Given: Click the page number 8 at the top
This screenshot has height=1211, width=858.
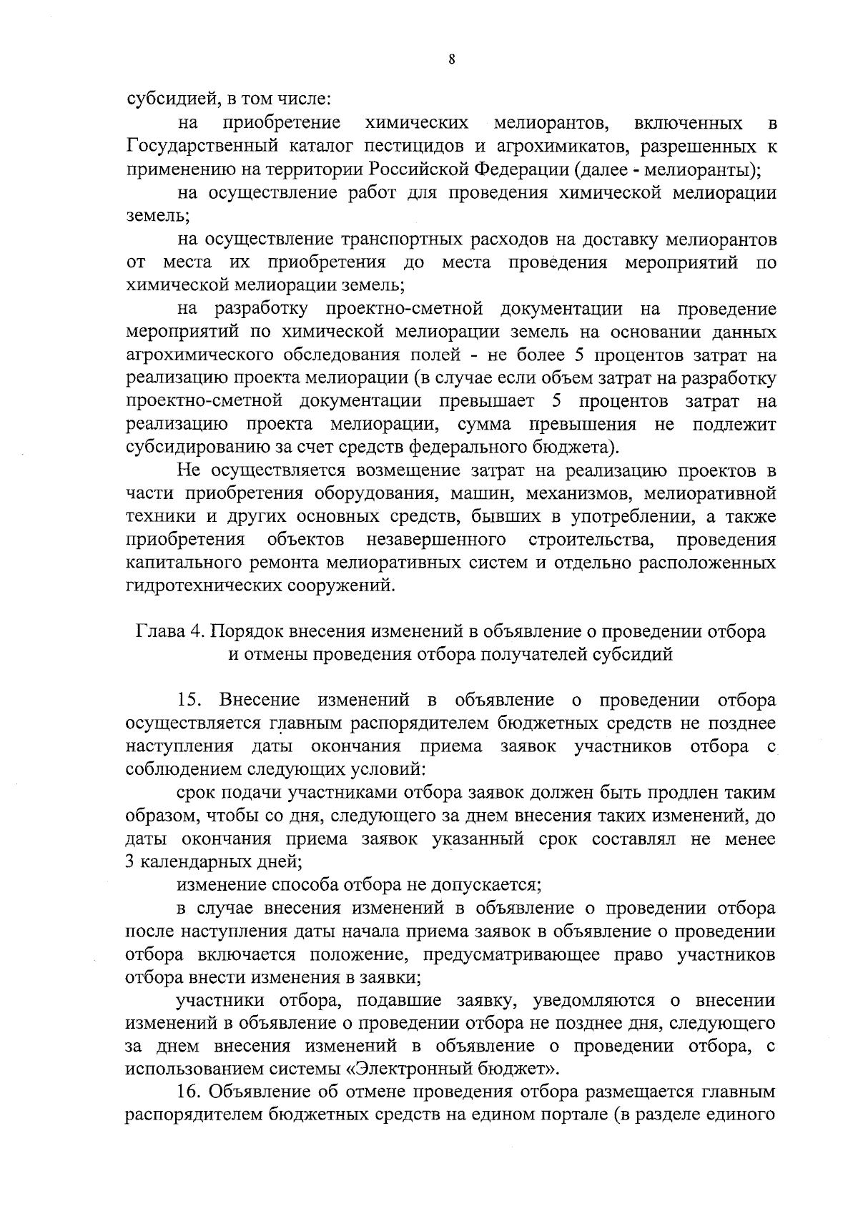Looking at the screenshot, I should [451, 60].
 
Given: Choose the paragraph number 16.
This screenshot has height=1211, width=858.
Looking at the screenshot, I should [189, 1092].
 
